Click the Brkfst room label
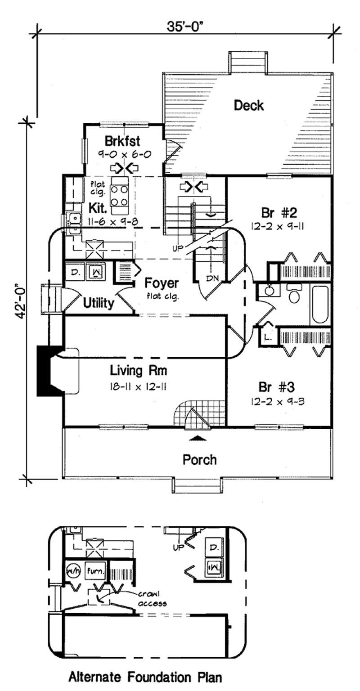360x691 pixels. [122, 141]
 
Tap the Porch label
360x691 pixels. [199, 460]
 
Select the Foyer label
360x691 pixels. [162, 284]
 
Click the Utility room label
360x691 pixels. [98, 303]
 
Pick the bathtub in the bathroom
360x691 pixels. [320, 305]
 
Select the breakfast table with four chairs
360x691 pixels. [120, 195]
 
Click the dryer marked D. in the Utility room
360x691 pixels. [75, 272]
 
